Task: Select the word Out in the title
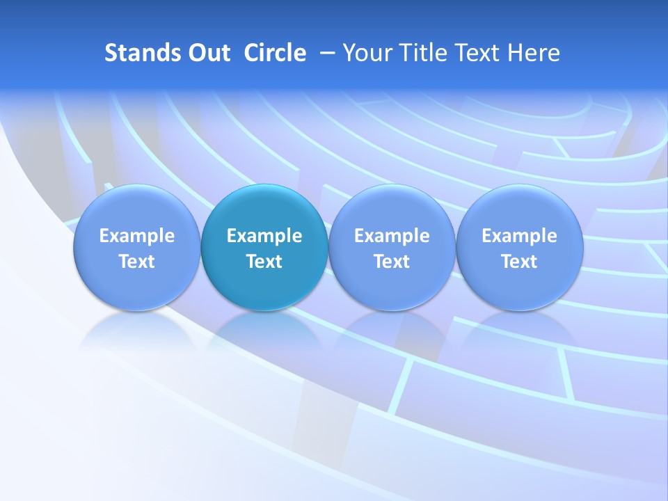point(207,53)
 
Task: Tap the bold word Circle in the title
point(275,53)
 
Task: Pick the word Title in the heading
point(423,53)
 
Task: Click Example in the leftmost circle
point(136,236)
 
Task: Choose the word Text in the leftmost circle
point(136,262)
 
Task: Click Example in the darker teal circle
point(264,236)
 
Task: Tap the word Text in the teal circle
point(264,262)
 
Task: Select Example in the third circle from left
point(392,236)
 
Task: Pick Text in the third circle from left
point(392,262)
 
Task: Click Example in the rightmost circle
point(519,236)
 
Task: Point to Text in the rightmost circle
point(519,262)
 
